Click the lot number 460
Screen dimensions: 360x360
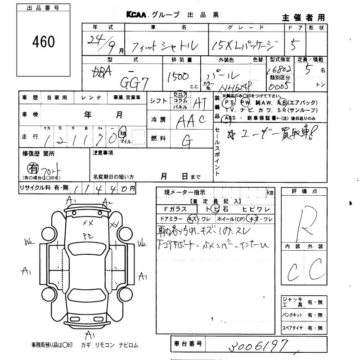click(x=43, y=42)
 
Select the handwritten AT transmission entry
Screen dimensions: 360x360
click(x=198, y=104)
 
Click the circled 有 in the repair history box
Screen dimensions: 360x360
click(x=33, y=167)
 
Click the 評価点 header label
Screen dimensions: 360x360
click(x=304, y=192)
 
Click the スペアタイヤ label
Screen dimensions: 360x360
click(x=292, y=328)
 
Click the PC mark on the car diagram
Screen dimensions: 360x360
click(x=87, y=234)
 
